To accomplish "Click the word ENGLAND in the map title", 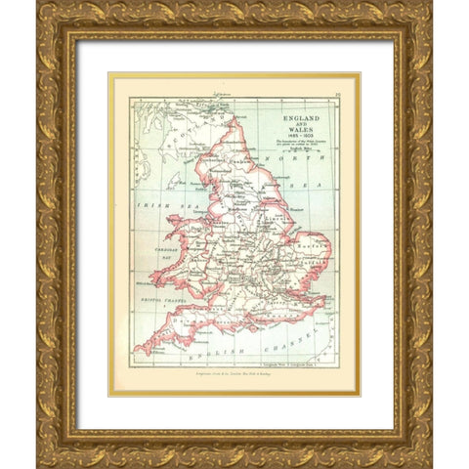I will [302, 115].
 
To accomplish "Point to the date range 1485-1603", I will [303, 134].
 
